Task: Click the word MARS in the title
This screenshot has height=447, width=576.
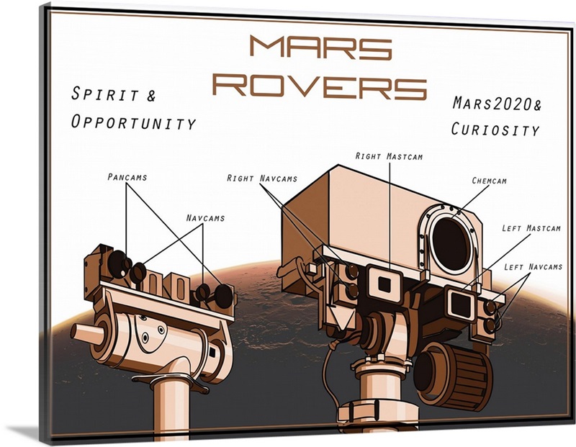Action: click(320, 48)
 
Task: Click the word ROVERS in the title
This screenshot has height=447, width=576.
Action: click(320, 86)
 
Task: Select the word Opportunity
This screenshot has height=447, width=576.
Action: click(133, 122)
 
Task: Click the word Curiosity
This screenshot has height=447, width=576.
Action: click(495, 130)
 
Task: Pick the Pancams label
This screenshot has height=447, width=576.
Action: click(127, 176)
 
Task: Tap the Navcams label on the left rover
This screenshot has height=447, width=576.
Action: click(205, 217)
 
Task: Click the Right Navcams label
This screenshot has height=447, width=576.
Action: click(262, 178)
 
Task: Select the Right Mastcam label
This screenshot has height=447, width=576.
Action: click(390, 155)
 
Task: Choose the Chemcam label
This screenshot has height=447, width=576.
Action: click(489, 181)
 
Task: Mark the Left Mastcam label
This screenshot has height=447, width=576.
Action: click(530, 230)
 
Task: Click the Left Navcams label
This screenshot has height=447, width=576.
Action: click(532, 267)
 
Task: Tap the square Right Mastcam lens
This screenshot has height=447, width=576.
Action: click(384, 284)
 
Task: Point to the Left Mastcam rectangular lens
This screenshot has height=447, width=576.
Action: click(458, 302)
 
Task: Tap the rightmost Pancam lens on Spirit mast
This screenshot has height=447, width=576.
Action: click(224, 294)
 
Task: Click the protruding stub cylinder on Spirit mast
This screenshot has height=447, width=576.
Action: click(86, 335)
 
